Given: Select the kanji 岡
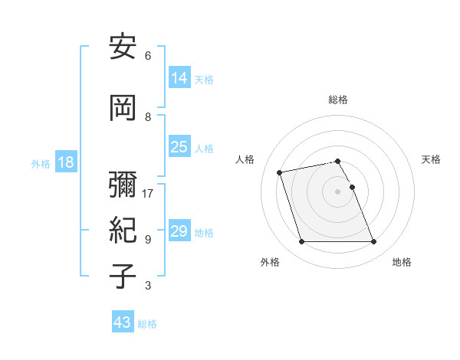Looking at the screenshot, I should [123, 108].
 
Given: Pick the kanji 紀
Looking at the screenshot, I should [123, 230].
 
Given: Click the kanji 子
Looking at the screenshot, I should [123, 275].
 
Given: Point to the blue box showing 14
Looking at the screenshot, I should [179, 79].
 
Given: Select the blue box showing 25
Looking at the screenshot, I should [179, 147].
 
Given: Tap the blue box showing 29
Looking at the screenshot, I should [179, 231].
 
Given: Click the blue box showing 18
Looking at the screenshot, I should [65, 163].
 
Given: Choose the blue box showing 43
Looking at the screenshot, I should [123, 322].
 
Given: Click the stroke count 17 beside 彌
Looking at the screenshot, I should [148, 193].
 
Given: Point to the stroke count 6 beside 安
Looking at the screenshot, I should [148, 56].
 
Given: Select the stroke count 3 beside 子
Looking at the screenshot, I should [148, 286].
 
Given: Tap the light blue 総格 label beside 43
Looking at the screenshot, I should [147, 324].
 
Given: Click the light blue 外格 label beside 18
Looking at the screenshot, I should [41, 164].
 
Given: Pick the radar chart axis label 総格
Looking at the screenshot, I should [338, 100].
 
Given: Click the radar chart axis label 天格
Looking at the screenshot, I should [432, 159].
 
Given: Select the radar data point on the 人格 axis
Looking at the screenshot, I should [280, 172].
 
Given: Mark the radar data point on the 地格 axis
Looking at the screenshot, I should [374, 242].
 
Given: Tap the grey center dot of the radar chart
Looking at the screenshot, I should [338, 191].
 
